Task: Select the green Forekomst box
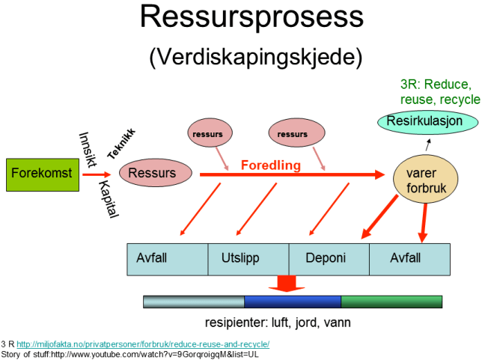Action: [42, 174]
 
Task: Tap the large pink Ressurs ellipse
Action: [152, 174]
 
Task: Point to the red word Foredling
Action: [270, 165]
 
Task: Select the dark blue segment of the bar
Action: [293, 302]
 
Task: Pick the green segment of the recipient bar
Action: [391, 302]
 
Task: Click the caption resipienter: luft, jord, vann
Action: [278, 323]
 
